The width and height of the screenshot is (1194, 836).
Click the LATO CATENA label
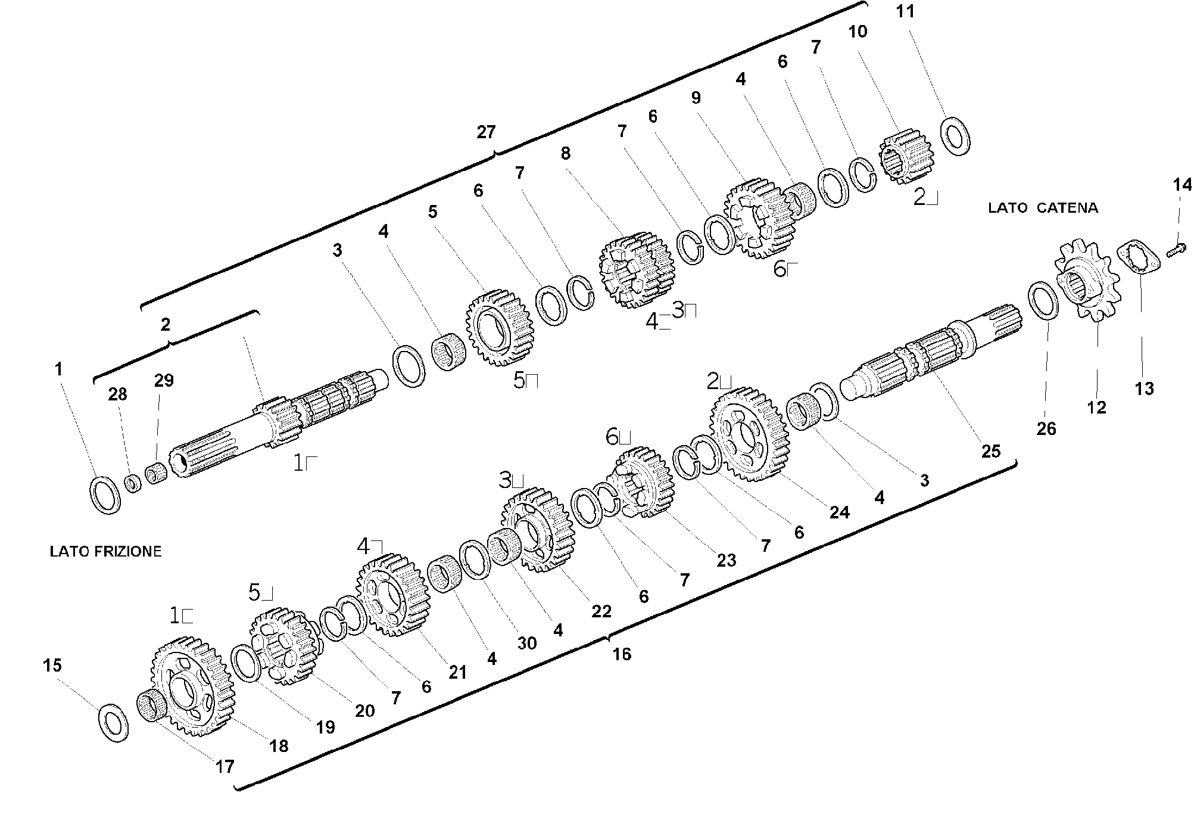point(1043,208)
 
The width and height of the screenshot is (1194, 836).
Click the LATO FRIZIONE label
point(105,551)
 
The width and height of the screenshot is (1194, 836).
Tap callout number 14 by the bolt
point(1183,185)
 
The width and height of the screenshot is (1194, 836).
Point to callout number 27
point(486,132)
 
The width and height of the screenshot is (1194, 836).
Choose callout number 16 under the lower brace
point(621,654)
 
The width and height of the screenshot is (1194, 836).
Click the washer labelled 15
point(113,723)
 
